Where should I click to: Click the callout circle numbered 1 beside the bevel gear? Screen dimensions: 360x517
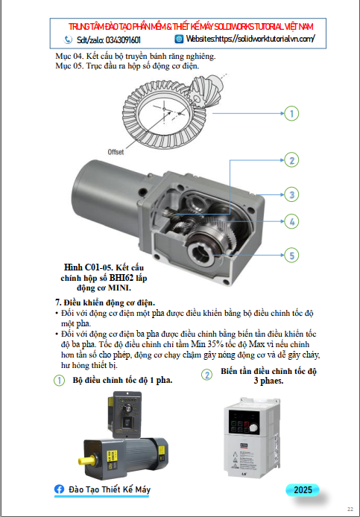coord(291,113)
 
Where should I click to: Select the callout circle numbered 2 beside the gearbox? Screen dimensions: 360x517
coord(291,160)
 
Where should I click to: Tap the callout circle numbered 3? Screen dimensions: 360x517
coord(291,194)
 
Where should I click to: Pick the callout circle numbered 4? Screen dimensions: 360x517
coord(291,221)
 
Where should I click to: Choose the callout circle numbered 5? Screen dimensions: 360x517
coord(291,256)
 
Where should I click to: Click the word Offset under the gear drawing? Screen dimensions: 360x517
coord(116,152)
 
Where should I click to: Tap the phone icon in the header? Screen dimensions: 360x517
coord(68,39)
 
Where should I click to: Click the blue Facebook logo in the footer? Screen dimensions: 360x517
coord(59,489)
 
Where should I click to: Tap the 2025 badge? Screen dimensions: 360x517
coord(303,489)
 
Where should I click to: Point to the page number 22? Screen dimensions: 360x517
coord(350,510)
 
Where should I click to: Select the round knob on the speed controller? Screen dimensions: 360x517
coord(127,408)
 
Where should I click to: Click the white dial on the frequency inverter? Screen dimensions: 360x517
coord(253,428)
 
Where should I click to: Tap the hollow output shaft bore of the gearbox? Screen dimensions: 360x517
coord(199,253)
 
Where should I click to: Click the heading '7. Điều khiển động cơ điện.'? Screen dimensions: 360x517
coord(105,302)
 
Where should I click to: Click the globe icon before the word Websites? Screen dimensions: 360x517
coord(179,39)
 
